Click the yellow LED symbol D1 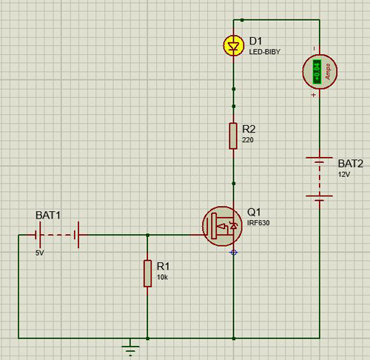tap(234, 45)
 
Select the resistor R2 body tap(233, 136)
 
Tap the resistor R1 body tap(147, 273)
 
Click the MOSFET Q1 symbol tap(222, 226)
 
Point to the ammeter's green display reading tap(317, 72)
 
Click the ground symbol tap(130, 347)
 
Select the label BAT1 tap(48, 216)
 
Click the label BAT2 tap(351, 164)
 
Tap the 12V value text tap(344, 175)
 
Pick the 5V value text tap(39, 253)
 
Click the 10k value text tap(162, 277)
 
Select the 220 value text tap(248, 140)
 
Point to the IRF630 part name tap(258, 223)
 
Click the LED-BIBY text tap(265, 52)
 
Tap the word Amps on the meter tap(328, 72)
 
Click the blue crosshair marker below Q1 tap(234, 253)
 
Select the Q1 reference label tap(254, 212)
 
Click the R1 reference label tap(163, 267)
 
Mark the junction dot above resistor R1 tap(147, 236)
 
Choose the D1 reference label tap(255, 41)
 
